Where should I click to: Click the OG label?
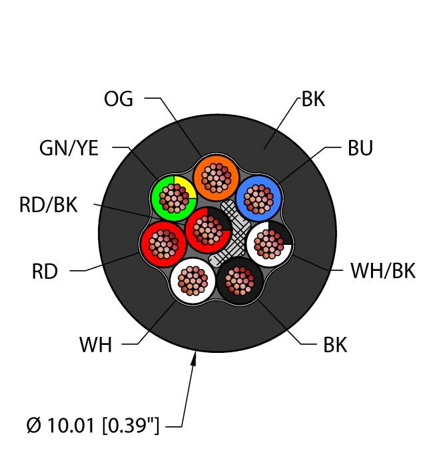(119, 99)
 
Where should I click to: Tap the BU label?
(360, 148)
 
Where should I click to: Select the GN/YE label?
(68, 148)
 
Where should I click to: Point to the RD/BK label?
(48, 205)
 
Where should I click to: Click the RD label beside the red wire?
(45, 272)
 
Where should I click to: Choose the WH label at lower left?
(96, 346)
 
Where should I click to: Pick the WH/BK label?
(382, 272)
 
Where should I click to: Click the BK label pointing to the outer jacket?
(313, 100)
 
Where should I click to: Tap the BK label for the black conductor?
(335, 346)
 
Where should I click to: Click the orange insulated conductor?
(216, 178)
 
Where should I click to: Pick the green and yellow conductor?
(173, 197)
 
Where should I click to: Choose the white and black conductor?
(270, 244)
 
